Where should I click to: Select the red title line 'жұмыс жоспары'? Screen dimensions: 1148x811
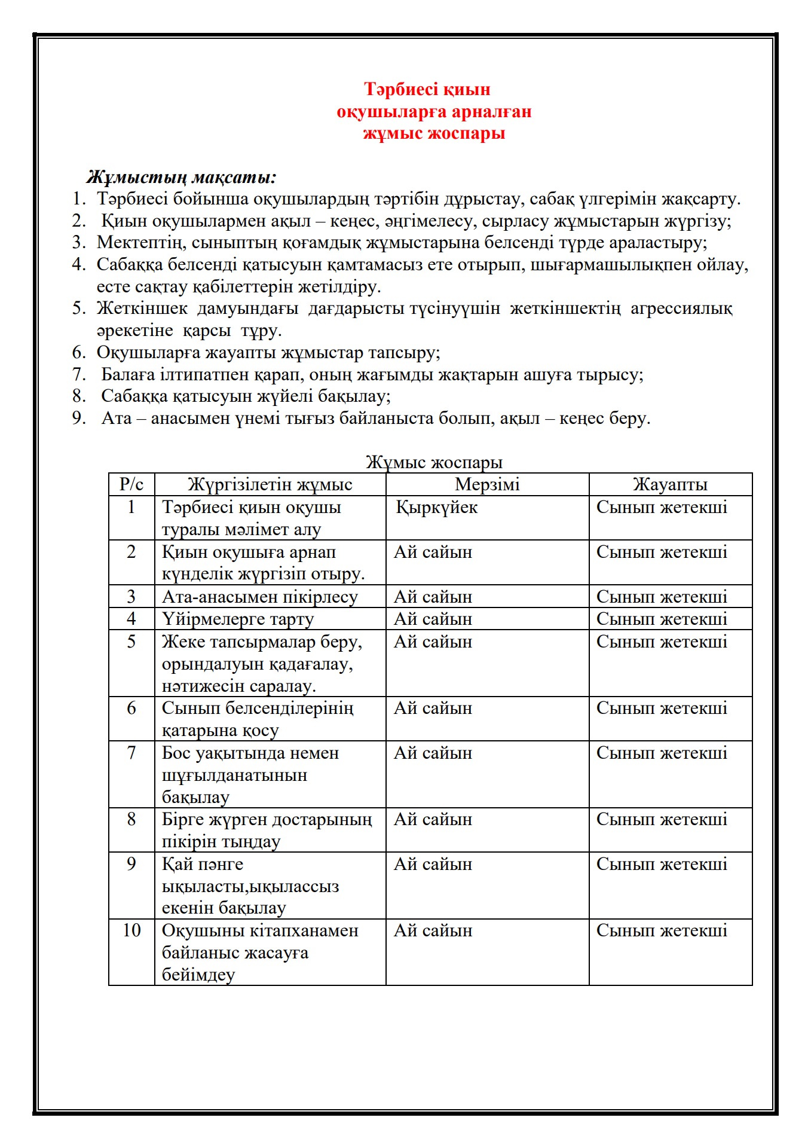pos(434,133)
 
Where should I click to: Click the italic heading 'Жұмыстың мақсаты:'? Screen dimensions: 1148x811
pos(181,177)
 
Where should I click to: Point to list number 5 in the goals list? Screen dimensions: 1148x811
pos(79,309)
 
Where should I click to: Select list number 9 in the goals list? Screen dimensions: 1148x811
pos(79,418)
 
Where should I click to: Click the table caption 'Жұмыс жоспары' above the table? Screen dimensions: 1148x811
pos(434,462)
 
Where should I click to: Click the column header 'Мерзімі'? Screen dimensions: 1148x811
pos(487,484)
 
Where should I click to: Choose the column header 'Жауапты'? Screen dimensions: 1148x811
pos(670,484)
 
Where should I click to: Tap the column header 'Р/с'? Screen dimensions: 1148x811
pos(131,484)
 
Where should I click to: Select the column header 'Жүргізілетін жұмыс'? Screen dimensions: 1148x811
pos(270,484)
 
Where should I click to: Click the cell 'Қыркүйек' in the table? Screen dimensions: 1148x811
pos(437,508)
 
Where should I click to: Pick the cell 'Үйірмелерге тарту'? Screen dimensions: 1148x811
pos(237,619)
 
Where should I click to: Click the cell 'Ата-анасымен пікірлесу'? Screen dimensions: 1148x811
pos(259,597)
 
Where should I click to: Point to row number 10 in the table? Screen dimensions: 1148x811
pos(131,930)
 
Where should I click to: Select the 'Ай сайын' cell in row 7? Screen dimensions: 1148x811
pos(433,753)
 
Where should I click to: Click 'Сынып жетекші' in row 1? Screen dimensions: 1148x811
pos(662,508)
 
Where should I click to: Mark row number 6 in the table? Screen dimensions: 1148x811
pos(131,709)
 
